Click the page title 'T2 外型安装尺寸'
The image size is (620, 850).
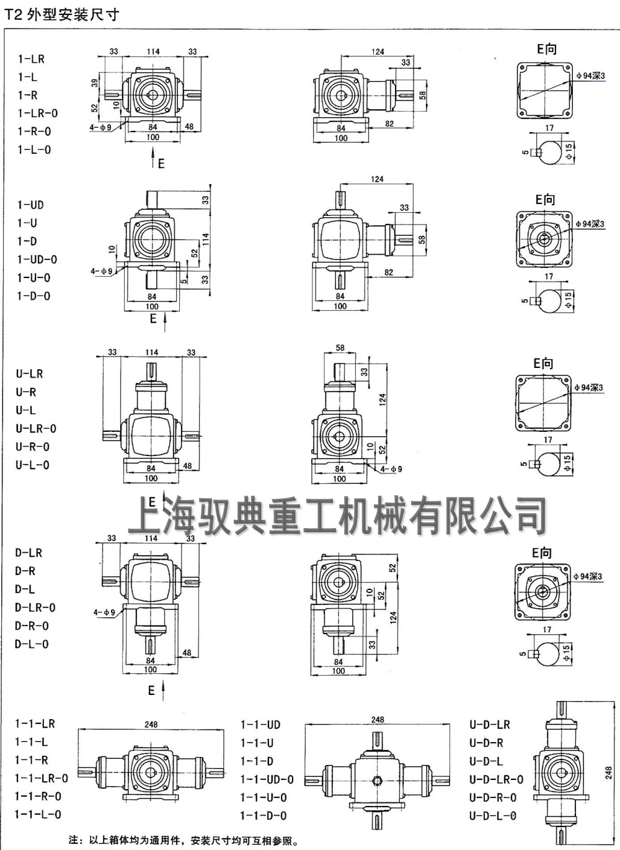point(61,14)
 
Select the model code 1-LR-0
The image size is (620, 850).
point(37,114)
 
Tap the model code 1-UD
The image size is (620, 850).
point(30,205)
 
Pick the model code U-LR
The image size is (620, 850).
point(29,374)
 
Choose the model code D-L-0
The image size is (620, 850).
point(32,644)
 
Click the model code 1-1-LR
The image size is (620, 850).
point(35,723)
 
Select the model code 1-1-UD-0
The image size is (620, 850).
point(267,779)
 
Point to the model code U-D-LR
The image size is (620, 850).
point(490,725)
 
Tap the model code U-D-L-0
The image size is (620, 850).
point(492,815)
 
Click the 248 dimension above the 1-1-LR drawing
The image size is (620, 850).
point(151,724)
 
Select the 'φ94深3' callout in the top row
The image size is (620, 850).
point(590,76)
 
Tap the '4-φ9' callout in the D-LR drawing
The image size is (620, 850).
point(104,612)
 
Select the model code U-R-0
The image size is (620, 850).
point(32,447)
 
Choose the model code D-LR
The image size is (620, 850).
point(29,553)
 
